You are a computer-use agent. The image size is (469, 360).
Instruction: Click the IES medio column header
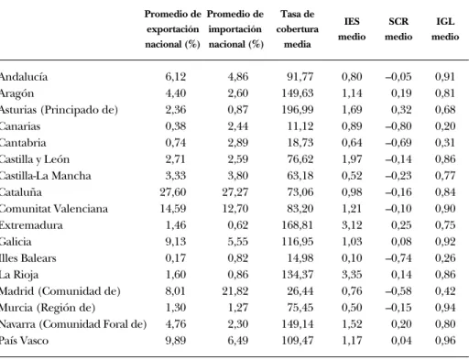pyautogui.click(x=352, y=29)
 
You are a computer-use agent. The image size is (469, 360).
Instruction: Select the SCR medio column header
pyautogui.click(x=398, y=29)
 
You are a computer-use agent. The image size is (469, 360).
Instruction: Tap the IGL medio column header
pyautogui.click(x=445, y=29)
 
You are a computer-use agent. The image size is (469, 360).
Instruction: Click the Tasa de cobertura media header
pyautogui.click(x=298, y=29)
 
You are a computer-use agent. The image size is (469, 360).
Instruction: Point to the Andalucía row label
pyautogui.click(x=24, y=76)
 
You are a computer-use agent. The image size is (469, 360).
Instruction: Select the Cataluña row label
pyautogui.click(x=20, y=192)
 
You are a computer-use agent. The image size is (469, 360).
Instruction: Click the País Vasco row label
pyautogui.click(x=24, y=341)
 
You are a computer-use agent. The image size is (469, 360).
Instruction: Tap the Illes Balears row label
pyautogui.click(x=27, y=258)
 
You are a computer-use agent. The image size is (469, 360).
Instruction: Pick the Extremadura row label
pyautogui.click(x=31, y=225)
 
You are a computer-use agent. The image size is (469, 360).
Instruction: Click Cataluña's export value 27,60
pyautogui.click(x=173, y=192)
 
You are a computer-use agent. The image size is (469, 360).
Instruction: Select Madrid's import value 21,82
pyautogui.click(x=235, y=291)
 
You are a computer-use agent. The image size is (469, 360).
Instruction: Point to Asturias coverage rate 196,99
pyautogui.click(x=298, y=110)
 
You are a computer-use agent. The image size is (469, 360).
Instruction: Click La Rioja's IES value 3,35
pyautogui.click(x=352, y=275)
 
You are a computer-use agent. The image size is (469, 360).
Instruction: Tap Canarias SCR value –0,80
pyautogui.click(x=398, y=126)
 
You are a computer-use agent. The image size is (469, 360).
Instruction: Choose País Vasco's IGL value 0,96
pyautogui.click(x=445, y=341)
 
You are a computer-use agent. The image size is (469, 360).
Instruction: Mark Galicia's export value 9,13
pyautogui.click(x=176, y=242)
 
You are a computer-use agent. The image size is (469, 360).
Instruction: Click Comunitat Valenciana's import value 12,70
pyautogui.click(x=235, y=209)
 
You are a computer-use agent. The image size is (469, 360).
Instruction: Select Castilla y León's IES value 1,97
pyautogui.click(x=352, y=159)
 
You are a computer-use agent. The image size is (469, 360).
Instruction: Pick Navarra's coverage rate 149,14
pyautogui.click(x=298, y=324)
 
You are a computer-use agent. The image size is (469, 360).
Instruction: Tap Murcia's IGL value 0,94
pyautogui.click(x=445, y=308)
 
